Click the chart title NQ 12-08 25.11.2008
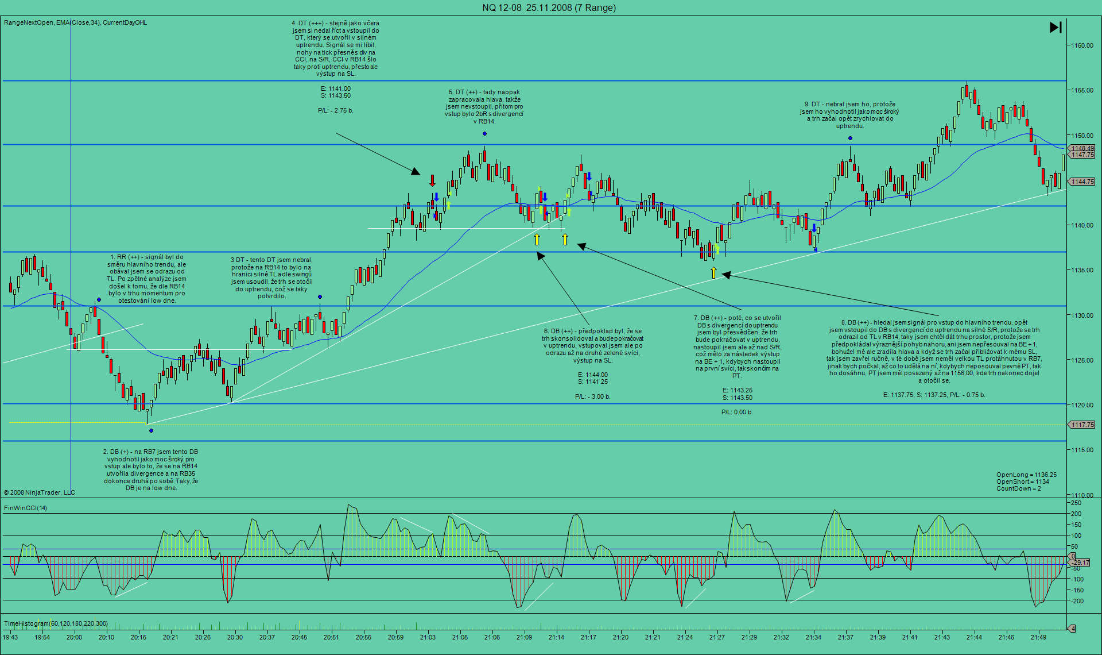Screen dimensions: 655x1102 click(x=549, y=7)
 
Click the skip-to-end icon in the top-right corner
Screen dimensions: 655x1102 click(x=1056, y=27)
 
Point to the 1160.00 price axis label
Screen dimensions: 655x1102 click(x=1081, y=45)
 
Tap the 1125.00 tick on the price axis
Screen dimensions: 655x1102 click(x=1081, y=360)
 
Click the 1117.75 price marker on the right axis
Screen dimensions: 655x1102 click(x=1082, y=425)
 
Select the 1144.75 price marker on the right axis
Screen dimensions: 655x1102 click(x=1082, y=182)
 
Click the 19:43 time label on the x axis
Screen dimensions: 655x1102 click(x=10, y=637)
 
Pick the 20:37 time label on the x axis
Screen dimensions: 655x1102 click(x=267, y=637)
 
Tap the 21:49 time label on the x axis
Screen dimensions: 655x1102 click(x=1038, y=637)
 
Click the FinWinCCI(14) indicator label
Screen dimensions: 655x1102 click(x=26, y=508)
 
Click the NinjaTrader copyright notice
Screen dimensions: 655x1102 click(x=40, y=492)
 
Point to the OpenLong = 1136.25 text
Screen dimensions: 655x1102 click(x=1026, y=475)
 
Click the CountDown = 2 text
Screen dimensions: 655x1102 click(x=1018, y=488)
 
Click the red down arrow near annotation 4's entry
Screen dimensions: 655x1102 click(x=433, y=181)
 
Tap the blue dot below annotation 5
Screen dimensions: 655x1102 click(x=485, y=134)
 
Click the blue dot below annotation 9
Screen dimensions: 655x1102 click(x=850, y=138)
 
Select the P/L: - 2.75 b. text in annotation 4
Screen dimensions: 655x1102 click(x=335, y=110)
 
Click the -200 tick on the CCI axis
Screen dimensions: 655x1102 click(x=1076, y=601)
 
